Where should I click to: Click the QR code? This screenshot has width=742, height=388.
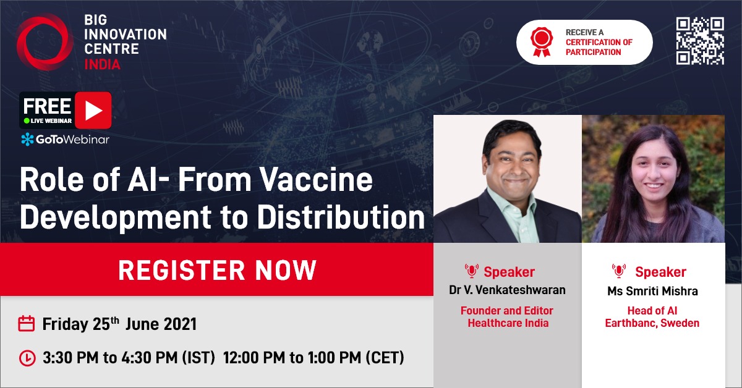(x=700, y=41)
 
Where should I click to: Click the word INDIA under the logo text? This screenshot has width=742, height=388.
(x=102, y=64)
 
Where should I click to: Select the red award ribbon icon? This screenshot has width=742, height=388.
(x=540, y=41)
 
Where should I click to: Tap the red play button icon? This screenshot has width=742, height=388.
(x=93, y=110)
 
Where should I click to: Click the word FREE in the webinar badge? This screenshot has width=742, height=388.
(x=47, y=105)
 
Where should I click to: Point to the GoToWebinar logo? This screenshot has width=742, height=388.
(x=65, y=139)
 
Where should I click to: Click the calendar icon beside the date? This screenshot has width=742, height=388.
(x=26, y=323)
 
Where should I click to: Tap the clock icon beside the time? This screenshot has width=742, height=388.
(x=27, y=357)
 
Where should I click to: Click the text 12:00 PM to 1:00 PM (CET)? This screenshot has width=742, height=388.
(x=313, y=357)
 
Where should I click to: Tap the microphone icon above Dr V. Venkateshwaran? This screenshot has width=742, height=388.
(x=471, y=271)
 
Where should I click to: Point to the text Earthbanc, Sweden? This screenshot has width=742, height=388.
(x=653, y=323)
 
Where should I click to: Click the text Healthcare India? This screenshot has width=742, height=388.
(x=507, y=323)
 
